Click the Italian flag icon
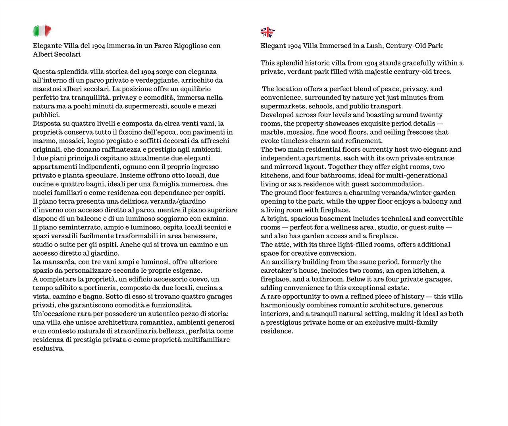point(42,31)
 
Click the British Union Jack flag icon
point(267,32)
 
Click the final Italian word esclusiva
point(48,349)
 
